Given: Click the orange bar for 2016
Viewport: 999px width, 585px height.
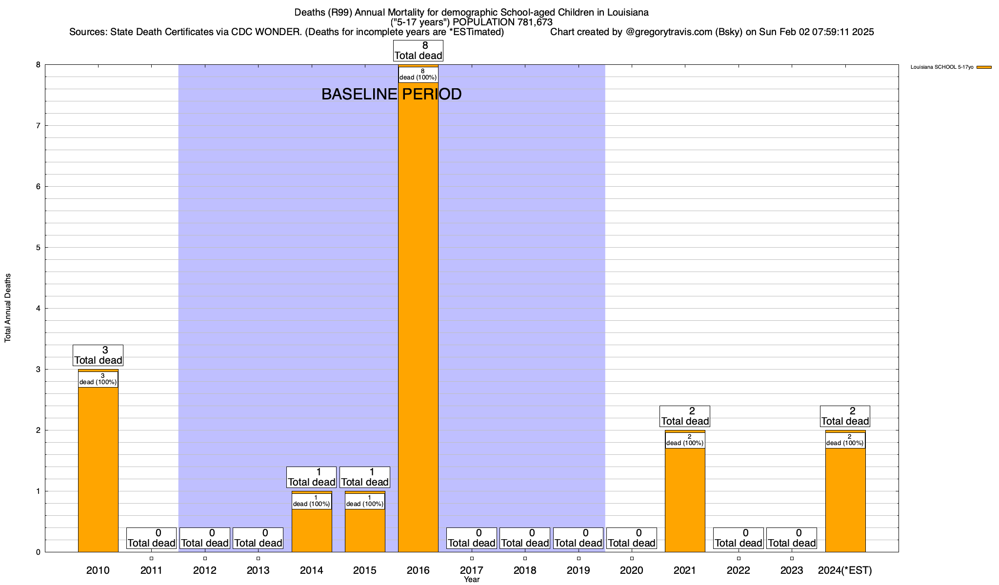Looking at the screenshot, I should point(418,317).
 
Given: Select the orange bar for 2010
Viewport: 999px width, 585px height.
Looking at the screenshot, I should point(98,468).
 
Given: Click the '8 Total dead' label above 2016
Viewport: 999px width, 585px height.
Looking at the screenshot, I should point(418,51).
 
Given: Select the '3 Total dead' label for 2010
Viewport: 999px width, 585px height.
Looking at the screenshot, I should point(98,355).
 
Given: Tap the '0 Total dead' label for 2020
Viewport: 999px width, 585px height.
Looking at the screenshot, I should point(632,538).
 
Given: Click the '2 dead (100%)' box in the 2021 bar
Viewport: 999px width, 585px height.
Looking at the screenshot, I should point(685,440).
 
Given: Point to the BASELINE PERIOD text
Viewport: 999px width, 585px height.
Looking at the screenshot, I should point(391,94).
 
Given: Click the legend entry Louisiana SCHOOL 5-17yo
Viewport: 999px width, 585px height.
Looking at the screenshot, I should point(941,67).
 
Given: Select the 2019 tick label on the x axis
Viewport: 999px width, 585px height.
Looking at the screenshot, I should point(579,570).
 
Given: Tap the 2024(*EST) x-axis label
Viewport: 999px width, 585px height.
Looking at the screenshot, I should point(845,570).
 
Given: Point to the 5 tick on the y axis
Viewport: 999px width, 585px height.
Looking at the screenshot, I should point(38,247).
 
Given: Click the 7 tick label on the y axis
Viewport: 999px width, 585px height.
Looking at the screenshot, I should point(38,126).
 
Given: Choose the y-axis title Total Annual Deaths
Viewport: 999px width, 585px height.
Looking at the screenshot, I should point(8,308).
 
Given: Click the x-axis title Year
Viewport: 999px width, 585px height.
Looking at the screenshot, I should point(472,580).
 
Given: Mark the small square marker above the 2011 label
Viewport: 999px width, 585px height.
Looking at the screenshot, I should point(152,558).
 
